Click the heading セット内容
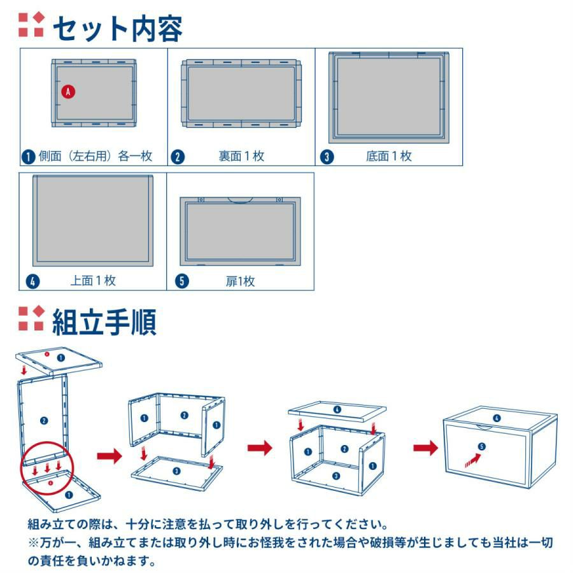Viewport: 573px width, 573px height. [x=118, y=29]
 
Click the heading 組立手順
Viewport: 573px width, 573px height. [x=104, y=322]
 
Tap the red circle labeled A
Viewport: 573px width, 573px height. [x=68, y=91]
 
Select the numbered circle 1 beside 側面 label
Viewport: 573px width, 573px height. [x=28, y=157]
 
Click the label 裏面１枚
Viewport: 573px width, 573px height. [x=241, y=156]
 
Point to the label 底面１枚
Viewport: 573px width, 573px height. [x=389, y=156]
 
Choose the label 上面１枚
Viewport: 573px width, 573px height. [x=93, y=281]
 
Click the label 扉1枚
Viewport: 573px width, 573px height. [x=240, y=281]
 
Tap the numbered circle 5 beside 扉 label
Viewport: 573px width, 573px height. [x=182, y=281]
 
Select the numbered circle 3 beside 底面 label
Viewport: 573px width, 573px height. [x=327, y=157]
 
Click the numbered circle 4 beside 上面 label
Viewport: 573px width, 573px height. [x=32, y=281]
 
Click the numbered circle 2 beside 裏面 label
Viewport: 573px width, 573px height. [x=178, y=157]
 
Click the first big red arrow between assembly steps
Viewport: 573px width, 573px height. [x=110, y=456]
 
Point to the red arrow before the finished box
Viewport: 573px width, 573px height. [x=425, y=448]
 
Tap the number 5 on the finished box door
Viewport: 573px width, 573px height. [x=482, y=446]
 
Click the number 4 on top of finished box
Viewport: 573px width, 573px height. [x=497, y=418]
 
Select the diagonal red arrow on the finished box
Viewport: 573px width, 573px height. [x=473, y=460]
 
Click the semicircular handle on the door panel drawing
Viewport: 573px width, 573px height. [x=240, y=201]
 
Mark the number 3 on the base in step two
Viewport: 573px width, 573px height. [x=176, y=471]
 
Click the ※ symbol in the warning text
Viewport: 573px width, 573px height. [x=34, y=542]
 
